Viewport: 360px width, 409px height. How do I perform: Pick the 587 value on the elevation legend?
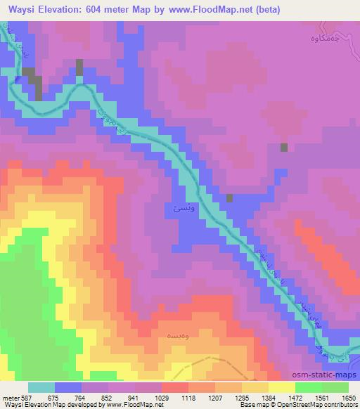coord(23,396)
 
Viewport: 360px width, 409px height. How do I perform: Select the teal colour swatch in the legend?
coord(41,387)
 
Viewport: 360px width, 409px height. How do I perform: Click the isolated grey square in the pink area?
coord(284,148)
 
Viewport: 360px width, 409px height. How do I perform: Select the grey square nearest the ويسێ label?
coord(230,199)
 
